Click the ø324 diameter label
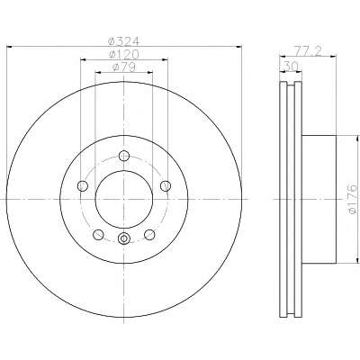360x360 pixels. coord(123,41)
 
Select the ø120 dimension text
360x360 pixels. coord(123,54)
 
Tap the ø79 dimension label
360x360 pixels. coord(123,67)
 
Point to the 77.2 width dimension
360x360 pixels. coord(307,51)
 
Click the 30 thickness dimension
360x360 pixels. coord(290,66)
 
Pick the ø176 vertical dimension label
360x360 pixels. coord(352,200)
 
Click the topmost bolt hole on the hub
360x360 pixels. coord(124,156)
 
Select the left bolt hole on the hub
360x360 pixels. coord(83,186)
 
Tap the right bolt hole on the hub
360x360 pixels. coord(166,186)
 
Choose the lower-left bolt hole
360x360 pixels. coord(98,235)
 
